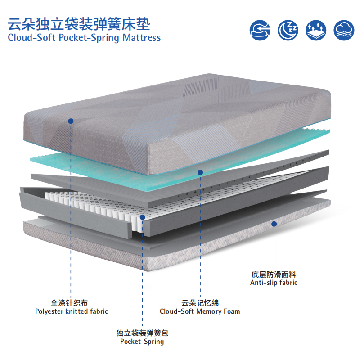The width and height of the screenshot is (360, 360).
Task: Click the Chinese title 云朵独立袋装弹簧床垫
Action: [79, 24]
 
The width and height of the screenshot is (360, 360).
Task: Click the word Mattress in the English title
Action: [142, 38]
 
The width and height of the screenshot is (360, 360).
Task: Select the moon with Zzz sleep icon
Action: [288, 30]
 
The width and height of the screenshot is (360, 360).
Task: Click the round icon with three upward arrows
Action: [316, 30]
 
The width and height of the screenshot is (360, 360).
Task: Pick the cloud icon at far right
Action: [344, 30]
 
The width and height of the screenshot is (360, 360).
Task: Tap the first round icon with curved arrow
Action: [260, 30]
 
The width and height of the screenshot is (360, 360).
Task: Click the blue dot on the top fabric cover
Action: [71, 121]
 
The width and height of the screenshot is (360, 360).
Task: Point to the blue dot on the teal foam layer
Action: [200, 172]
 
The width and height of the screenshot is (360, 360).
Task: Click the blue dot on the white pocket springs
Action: [143, 217]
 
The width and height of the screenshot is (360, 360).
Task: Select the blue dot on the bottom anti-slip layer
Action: [274, 224]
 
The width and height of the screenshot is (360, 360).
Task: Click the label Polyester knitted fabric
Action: [72, 311]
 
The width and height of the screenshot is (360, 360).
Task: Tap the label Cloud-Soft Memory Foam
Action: [200, 311]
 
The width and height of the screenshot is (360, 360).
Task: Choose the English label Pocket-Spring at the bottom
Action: [142, 342]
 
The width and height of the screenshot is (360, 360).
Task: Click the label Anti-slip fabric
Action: [274, 283]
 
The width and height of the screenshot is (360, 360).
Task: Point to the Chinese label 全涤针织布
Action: [69, 302]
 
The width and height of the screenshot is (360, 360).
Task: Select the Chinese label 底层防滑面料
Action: [274, 274]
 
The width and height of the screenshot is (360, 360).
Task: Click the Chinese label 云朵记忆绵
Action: [200, 303]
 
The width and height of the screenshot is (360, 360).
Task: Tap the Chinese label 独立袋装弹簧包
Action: [142, 333]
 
